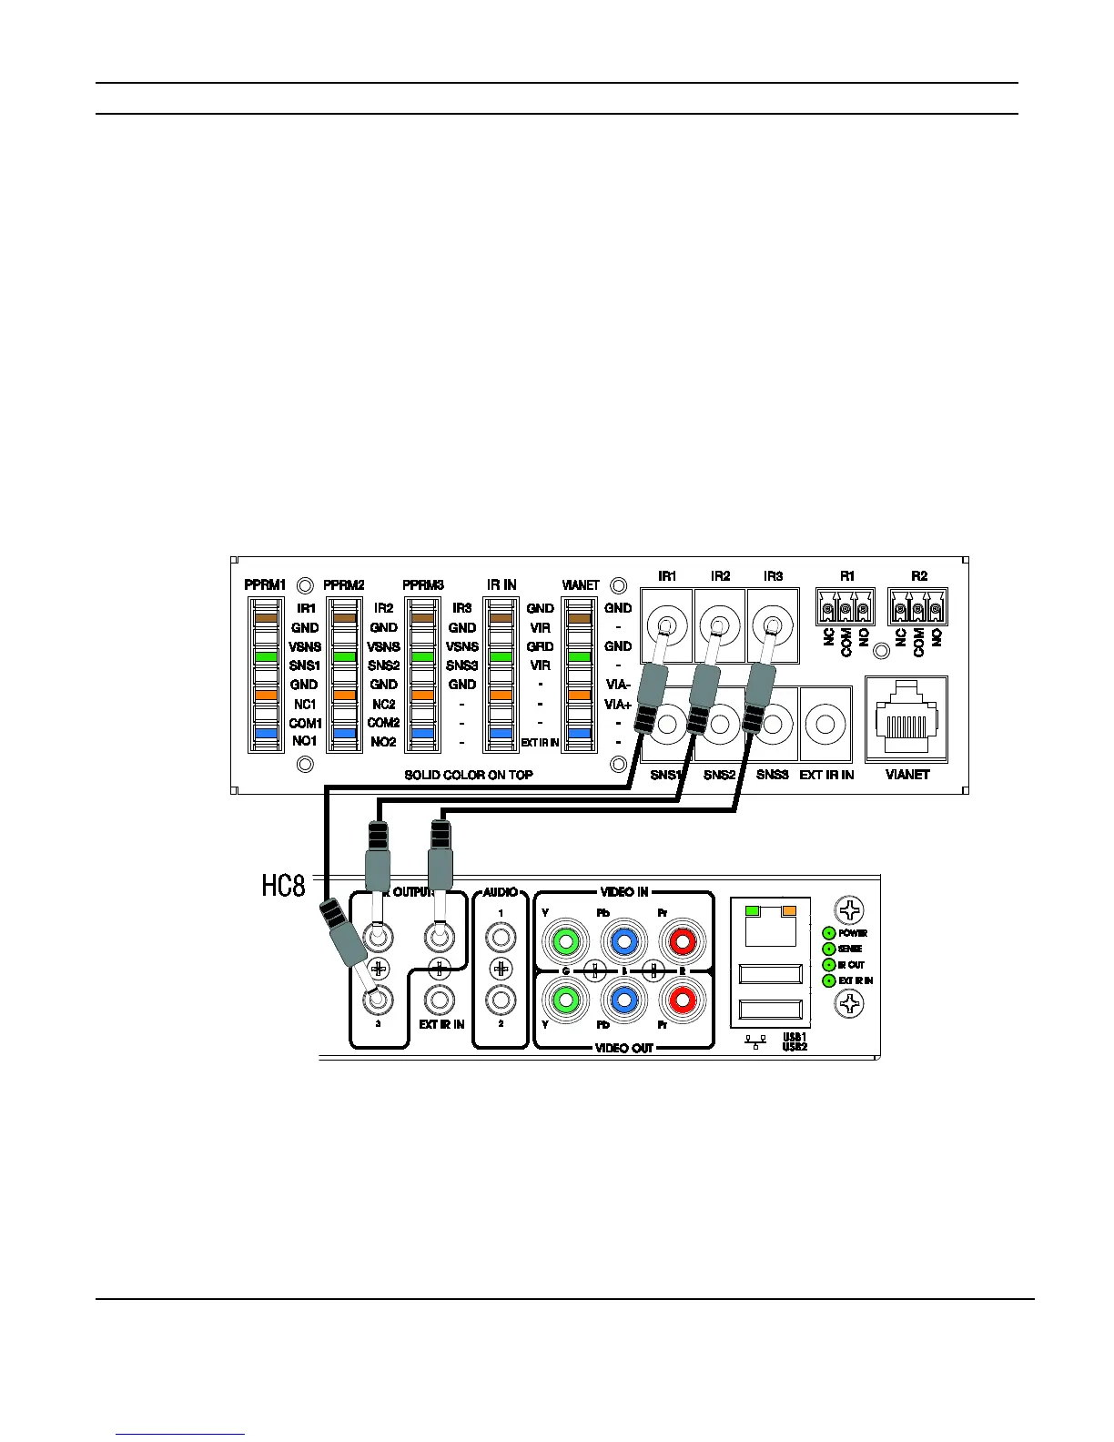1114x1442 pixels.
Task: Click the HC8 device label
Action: (x=284, y=886)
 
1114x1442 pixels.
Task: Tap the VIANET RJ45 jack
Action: (x=906, y=718)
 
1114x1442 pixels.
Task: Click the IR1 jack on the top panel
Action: (x=666, y=625)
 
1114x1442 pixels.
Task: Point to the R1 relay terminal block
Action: (x=846, y=607)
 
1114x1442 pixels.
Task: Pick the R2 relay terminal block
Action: (x=917, y=607)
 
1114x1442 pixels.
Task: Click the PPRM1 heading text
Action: (x=265, y=584)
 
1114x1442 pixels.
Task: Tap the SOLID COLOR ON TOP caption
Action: (x=469, y=775)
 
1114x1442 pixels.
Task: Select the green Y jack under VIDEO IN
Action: (x=565, y=941)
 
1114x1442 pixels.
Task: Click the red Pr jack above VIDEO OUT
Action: (x=682, y=1000)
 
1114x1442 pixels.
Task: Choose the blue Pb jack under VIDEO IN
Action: (x=623, y=941)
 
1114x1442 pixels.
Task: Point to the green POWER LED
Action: (x=829, y=933)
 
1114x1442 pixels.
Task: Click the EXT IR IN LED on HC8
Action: (x=829, y=980)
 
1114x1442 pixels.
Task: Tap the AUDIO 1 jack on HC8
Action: (x=501, y=936)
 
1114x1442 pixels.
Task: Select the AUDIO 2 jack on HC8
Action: (x=501, y=1000)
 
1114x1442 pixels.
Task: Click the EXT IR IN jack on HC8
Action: (x=441, y=1000)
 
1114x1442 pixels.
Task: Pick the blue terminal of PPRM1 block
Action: (x=266, y=733)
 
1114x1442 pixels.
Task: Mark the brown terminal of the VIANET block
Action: (x=580, y=618)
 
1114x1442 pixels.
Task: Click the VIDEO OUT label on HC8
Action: (x=624, y=1048)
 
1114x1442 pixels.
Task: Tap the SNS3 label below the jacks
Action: (x=773, y=775)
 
